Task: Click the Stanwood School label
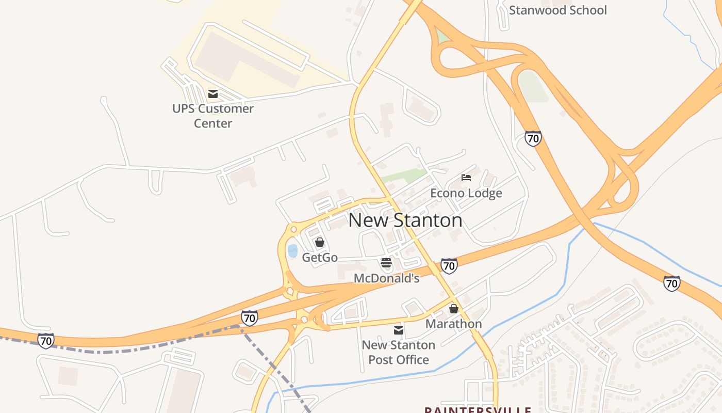point(557,10)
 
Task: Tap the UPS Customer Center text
point(213,116)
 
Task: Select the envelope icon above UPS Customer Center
point(212,94)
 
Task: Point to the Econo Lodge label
point(466,194)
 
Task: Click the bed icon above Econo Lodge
point(466,178)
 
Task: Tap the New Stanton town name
point(405,220)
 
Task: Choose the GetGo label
point(320,257)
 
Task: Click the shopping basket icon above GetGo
point(320,242)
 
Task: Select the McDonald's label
point(386,278)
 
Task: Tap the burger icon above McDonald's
point(386,263)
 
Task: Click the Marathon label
point(453,324)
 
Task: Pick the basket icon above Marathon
point(454,309)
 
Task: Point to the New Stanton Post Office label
point(399,352)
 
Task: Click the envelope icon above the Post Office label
point(399,330)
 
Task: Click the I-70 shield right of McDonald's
point(449,266)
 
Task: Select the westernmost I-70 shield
point(45,341)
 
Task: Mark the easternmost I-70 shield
point(671,283)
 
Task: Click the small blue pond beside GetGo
point(292,251)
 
